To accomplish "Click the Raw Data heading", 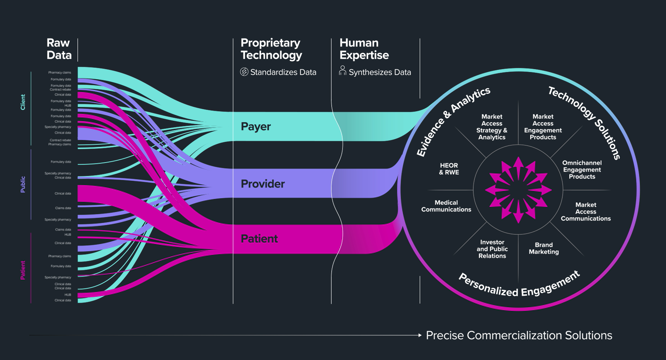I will (x=59, y=49).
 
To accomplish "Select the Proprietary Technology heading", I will (x=271, y=49).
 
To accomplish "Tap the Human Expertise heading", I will (x=364, y=49).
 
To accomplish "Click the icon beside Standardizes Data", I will (x=244, y=72).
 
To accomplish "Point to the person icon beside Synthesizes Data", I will (x=342, y=71).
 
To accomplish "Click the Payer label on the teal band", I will (x=256, y=127).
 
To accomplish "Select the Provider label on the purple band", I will (x=263, y=184).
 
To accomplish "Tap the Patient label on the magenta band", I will (x=259, y=239).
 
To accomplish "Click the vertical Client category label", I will (x=23, y=102).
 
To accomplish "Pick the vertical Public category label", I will (x=23, y=184).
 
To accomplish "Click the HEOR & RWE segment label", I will (x=449, y=169).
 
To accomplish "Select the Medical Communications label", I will (x=446, y=206).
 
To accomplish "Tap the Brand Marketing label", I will (x=544, y=248).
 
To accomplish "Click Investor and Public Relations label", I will (x=492, y=249).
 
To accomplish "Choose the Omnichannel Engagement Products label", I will (x=582, y=170).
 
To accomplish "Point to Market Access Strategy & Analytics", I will (x=492, y=127).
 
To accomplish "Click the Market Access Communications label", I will (x=586, y=212).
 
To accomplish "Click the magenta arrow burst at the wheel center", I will (x=518, y=190).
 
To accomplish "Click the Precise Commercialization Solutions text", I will (x=519, y=335).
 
